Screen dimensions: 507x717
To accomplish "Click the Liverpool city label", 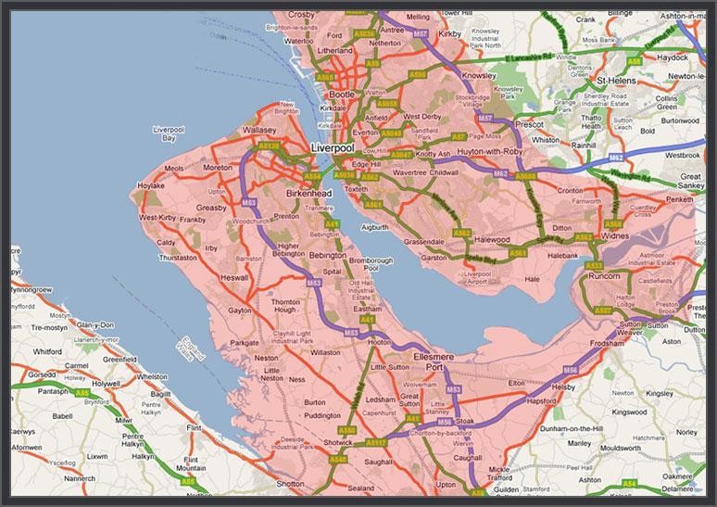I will pyautogui.click(x=333, y=148).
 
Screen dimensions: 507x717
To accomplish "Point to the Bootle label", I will pyautogui.click(x=344, y=95).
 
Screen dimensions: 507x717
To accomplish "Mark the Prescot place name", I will pyautogui.click(x=529, y=124).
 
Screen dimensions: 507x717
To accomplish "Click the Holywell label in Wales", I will pyautogui.click(x=99, y=382).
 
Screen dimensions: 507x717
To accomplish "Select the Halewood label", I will pyautogui.click(x=492, y=239).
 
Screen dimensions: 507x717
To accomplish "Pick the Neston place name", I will pyautogui.click(x=266, y=357).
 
